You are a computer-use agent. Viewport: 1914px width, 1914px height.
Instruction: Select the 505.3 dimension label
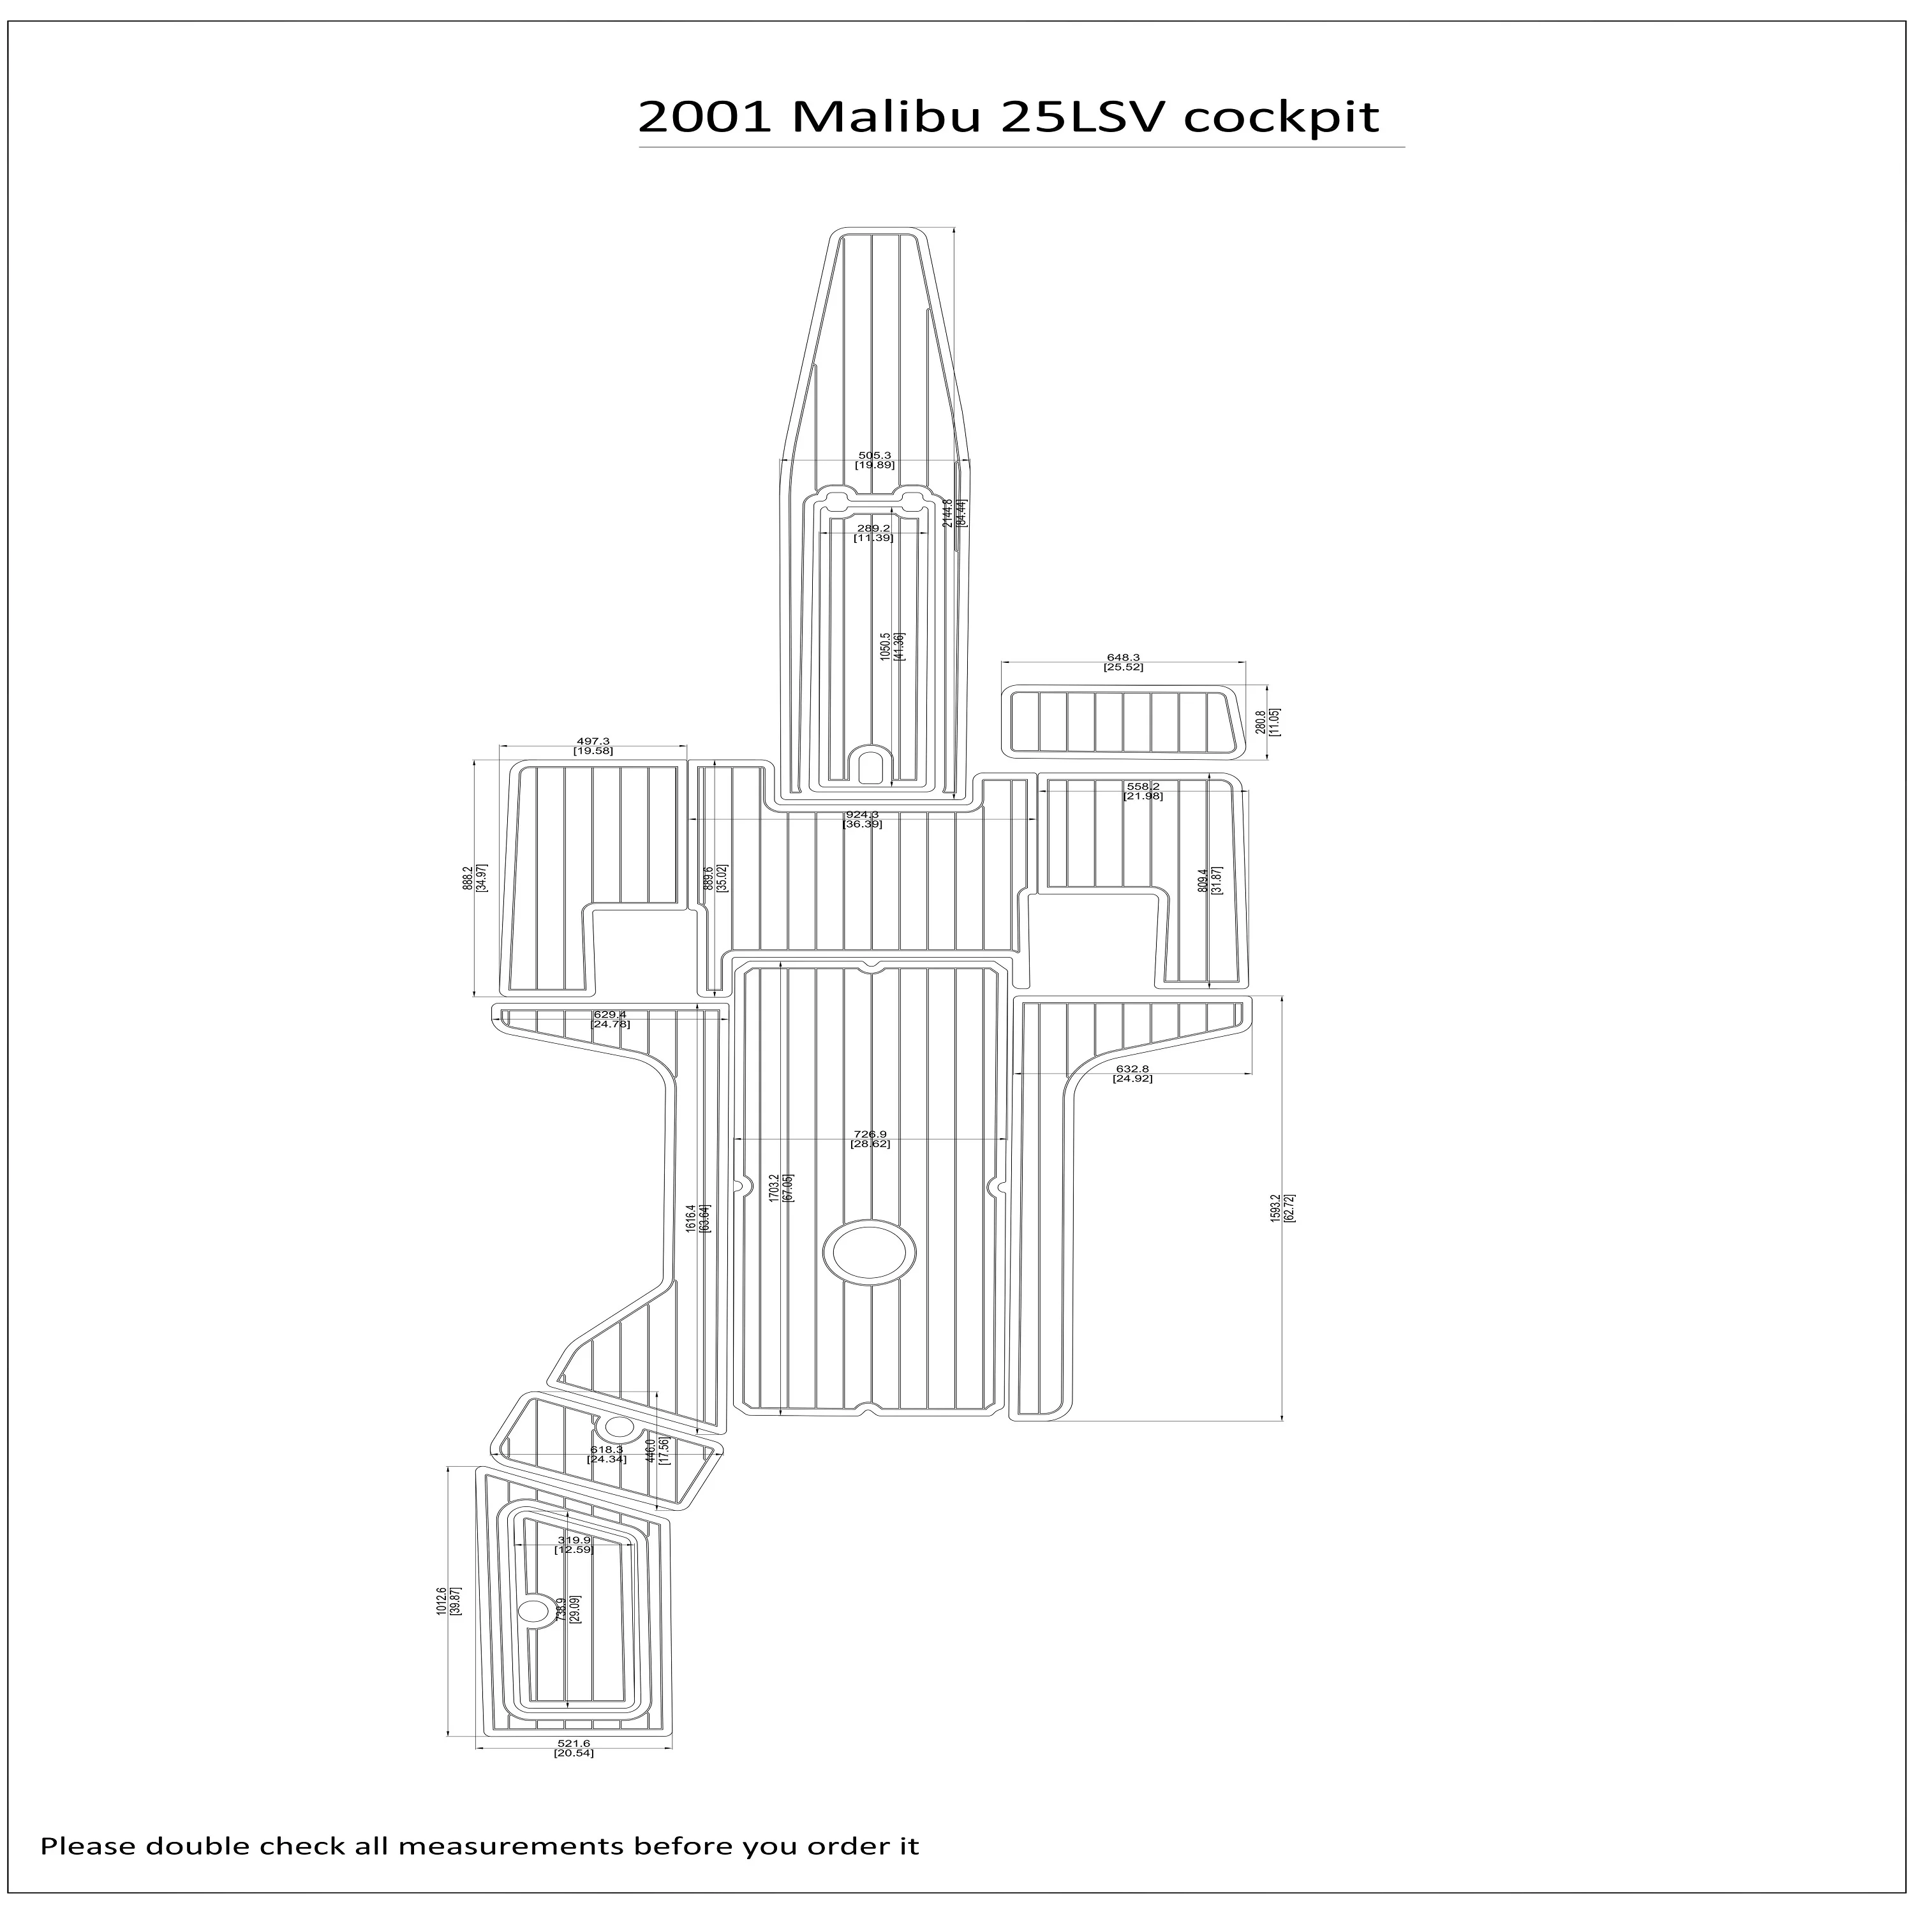pos(875,456)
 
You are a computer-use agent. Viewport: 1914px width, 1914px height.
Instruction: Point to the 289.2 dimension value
pos(874,529)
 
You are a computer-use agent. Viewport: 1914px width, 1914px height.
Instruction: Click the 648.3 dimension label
pos(1122,658)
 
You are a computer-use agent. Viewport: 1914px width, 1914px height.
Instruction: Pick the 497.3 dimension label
pos(593,741)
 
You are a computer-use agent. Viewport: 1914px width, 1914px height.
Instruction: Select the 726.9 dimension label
pos(870,1134)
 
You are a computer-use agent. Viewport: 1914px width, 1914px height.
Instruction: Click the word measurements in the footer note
pos(511,1846)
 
